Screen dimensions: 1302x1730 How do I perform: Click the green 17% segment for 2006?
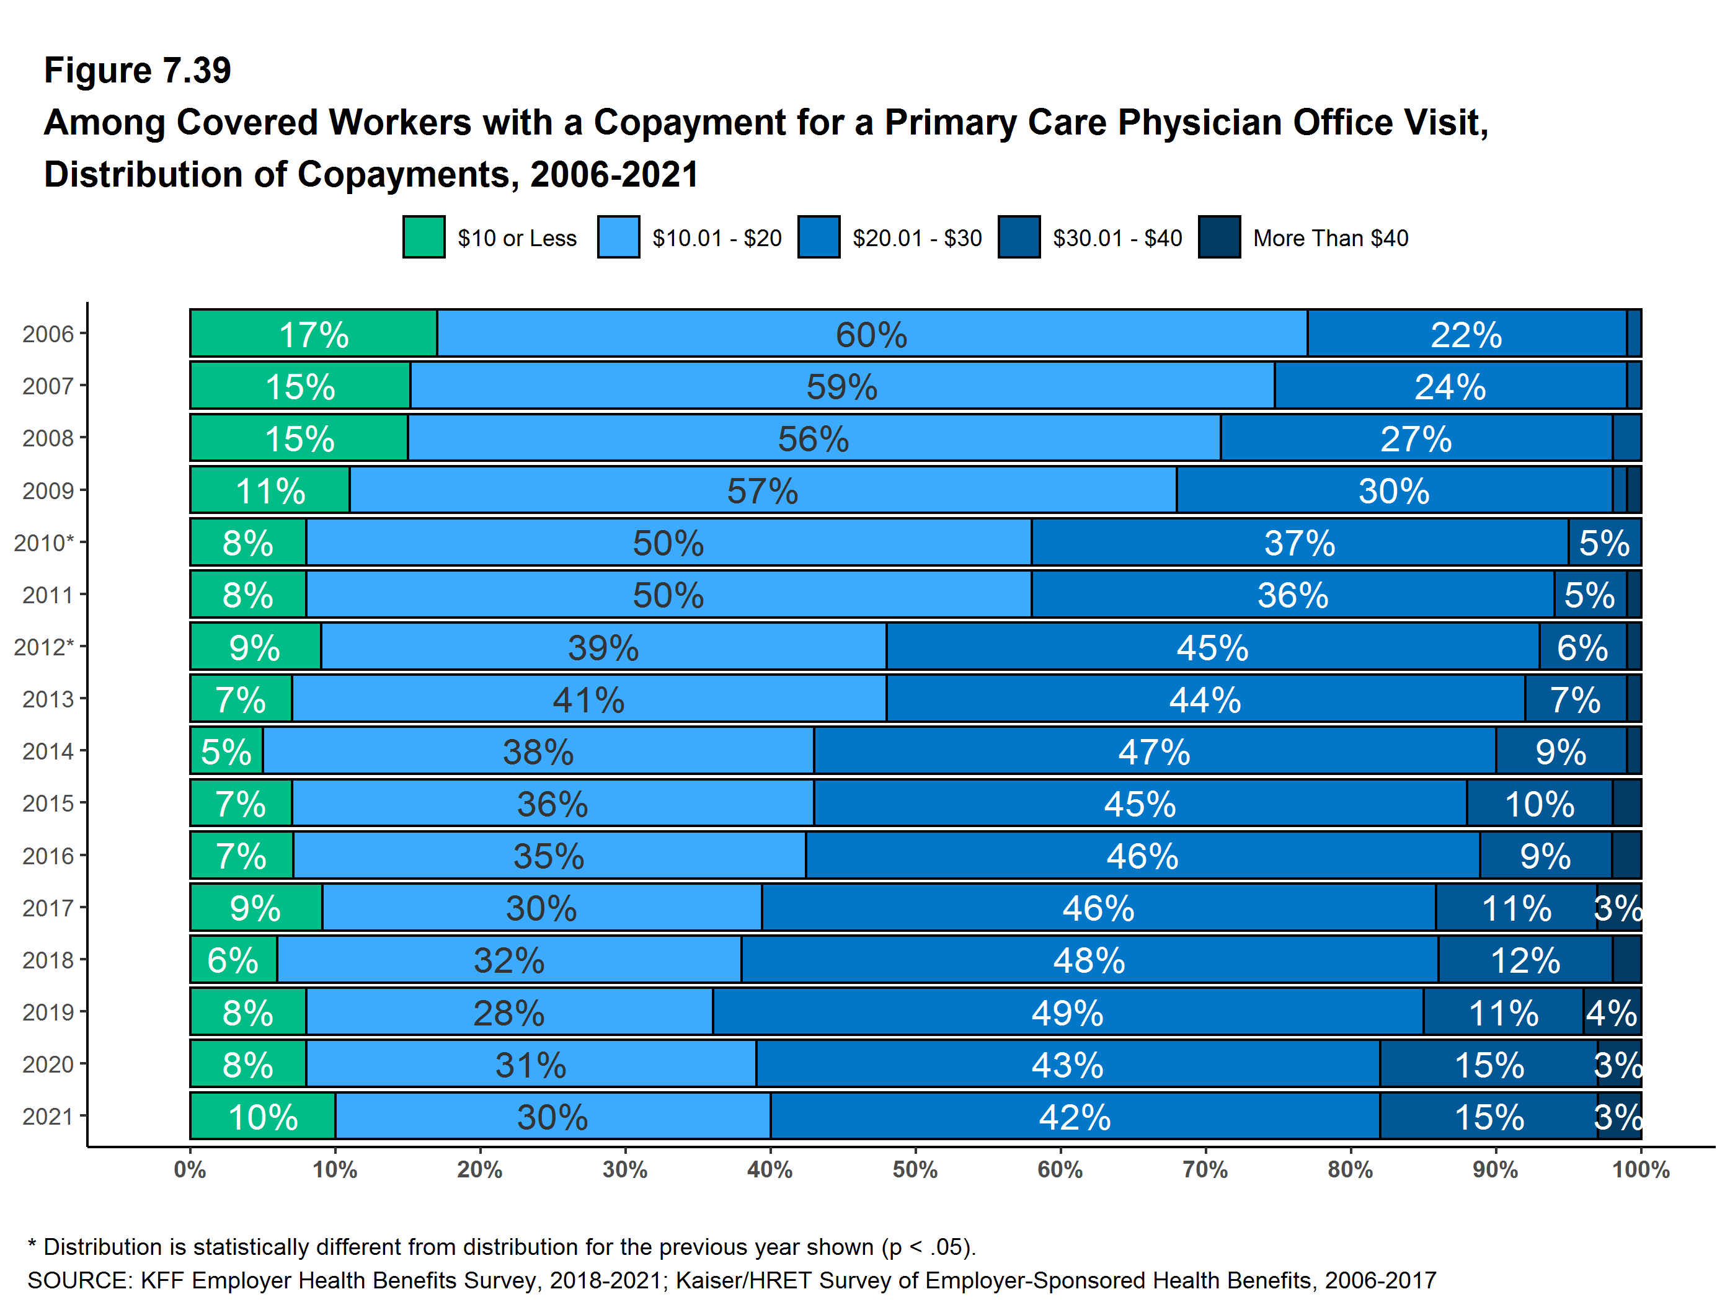tap(313, 334)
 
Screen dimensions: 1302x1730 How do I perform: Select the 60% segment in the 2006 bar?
tap(871, 334)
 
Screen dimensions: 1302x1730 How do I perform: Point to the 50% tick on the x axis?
tap(915, 1170)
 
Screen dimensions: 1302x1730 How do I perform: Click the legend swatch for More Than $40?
tap(1218, 237)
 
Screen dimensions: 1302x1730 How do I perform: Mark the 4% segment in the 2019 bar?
tap(1611, 1012)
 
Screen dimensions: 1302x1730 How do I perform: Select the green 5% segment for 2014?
tap(226, 751)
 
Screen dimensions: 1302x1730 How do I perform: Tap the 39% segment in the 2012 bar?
tap(603, 647)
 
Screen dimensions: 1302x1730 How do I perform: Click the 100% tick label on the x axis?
tap(1640, 1170)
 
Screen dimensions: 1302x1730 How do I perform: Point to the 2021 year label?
tap(48, 1117)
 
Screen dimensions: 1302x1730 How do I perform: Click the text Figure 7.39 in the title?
tap(138, 71)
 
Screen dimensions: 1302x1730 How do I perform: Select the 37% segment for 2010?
tap(1299, 542)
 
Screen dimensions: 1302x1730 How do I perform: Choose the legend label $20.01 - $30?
tap(916, 237)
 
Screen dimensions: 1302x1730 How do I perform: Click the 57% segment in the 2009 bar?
tap(763, 491)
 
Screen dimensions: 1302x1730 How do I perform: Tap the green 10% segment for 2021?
tap(263, 1117)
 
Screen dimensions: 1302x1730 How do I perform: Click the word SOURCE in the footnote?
tap(79, 1280)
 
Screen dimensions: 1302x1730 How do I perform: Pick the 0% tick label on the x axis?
tap(190, 1170)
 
